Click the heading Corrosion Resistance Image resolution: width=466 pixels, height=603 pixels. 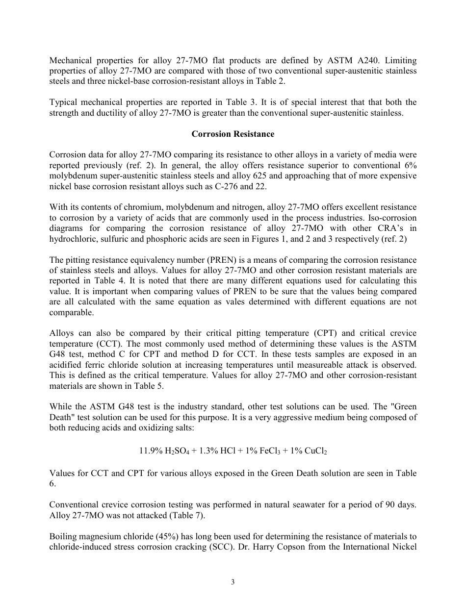click(233, 134)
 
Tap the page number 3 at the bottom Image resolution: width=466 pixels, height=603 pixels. click(233, 582)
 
